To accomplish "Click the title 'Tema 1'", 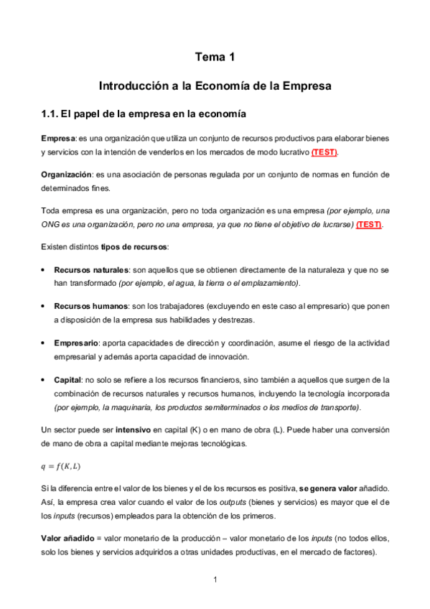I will (215, 57).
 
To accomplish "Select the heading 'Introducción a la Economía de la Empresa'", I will (215, 86).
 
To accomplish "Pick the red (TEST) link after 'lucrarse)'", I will (370, 224).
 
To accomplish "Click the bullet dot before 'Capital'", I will (45, 379).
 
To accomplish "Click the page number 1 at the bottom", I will (215, 580).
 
